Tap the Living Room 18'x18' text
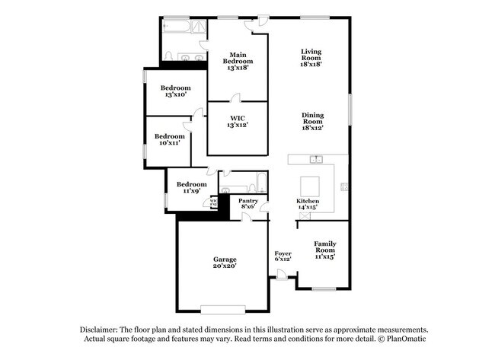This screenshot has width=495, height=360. [311, 58]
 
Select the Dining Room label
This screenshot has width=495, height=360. [312, 121]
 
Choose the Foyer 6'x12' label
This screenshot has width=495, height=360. [283, 256]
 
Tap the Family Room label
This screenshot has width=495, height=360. [325, 250]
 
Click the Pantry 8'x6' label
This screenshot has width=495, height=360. [249, 203]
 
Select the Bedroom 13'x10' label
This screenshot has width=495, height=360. [177, 91]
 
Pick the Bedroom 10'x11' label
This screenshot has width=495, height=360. [169, 139]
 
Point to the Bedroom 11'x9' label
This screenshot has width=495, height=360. [191, 187]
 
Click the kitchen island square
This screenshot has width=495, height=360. [310, 186]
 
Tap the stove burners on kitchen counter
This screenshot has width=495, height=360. [343, 186]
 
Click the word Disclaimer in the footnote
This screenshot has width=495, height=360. [101, 329]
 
